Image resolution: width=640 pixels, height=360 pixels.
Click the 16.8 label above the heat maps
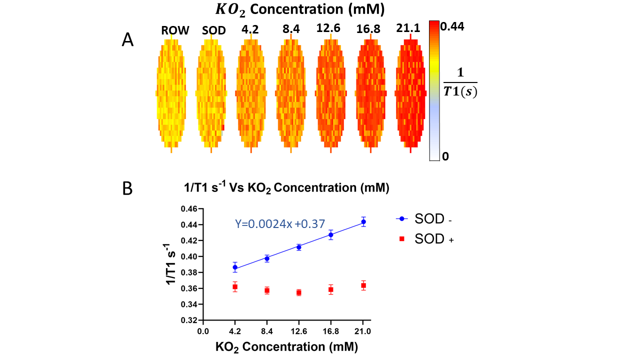pyautogui.click(x=369, y=29)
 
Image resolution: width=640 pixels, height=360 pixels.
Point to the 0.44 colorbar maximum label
pyautogui.click(x=453, y=26)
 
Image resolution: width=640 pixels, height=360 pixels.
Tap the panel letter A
pyautogui.click(x=127, y=40)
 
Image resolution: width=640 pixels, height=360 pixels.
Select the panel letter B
pyautogui.click(x=127, y=189)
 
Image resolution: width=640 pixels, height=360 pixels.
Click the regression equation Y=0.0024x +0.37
pyautogui.click(x=280, y=224)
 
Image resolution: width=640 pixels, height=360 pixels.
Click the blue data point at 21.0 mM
pyautogui.click(x=363, y=221)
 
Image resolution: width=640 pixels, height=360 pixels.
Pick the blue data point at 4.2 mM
pyautogui.click(x=235, y=267)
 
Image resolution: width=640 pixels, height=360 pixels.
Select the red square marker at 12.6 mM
pyautogui.click(x=299, y=292)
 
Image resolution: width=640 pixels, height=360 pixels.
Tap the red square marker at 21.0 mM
pyautogui.click(x=363, y=285)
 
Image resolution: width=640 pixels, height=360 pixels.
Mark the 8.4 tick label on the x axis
pyautogui.click(x=267, y=330)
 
